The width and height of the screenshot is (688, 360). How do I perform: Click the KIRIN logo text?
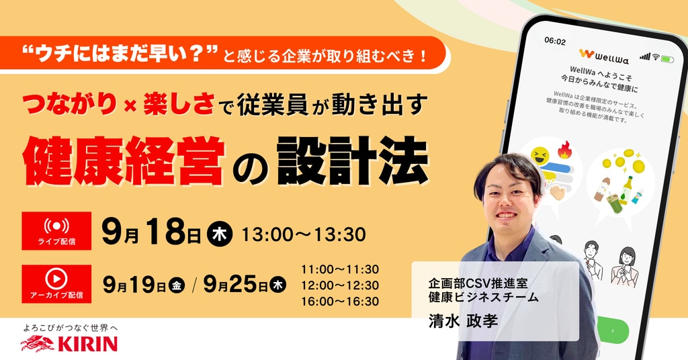click(88, 344)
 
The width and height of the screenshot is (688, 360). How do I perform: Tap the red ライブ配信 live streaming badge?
click(56, 231)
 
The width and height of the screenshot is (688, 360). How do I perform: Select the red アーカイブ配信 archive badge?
click(56, 283)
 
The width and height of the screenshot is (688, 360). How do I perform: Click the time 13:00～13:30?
click(304, 234)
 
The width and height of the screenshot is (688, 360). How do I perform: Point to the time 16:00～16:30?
click(340, 302)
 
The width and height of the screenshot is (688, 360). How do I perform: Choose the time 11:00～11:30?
click(340, 269)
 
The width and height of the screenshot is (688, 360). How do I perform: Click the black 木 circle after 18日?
click(220, 234)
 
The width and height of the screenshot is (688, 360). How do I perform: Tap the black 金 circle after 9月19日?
click(177, 286)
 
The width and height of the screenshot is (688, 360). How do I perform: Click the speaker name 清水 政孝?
click(464, 320)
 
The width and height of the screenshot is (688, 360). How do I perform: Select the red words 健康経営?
click(124, 161)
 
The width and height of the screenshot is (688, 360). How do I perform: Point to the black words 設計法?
click(352, 161)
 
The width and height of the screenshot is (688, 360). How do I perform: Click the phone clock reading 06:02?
click(555, 41)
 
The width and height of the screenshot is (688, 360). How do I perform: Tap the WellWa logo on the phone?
click(604, 56)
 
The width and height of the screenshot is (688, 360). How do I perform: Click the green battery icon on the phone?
click(668, 58)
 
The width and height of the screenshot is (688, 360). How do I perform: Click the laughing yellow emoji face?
click(540, 156)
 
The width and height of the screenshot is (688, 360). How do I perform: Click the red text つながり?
click(70, 105)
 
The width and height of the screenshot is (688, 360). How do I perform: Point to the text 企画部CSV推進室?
click(478, 283)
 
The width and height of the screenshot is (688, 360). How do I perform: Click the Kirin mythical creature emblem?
click(38, 344)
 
